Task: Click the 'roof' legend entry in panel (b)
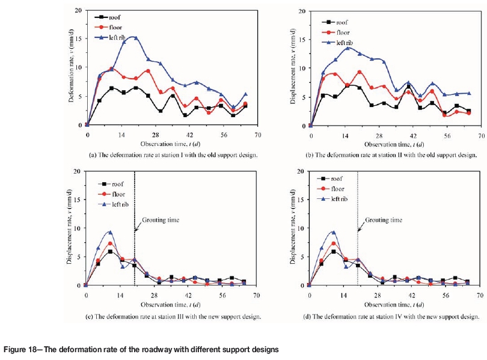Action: click(338, 22)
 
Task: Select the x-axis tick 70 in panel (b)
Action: click(479, 133)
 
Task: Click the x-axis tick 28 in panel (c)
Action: click(155, 294)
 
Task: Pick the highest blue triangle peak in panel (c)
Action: click(111, 232)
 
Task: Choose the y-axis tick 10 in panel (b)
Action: click(301, 68)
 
